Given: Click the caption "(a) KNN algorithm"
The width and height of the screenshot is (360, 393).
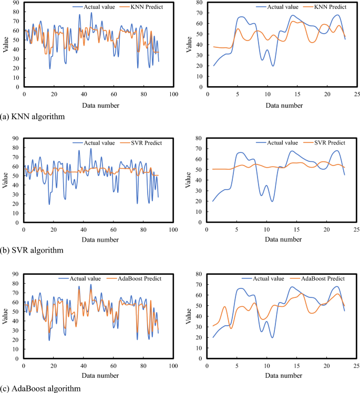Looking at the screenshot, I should (x=33, y=117).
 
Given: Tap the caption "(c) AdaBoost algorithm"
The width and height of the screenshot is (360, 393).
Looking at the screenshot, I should (x=40, y=388).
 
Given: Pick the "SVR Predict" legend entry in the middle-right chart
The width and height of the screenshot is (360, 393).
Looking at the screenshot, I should (x=326, y=142).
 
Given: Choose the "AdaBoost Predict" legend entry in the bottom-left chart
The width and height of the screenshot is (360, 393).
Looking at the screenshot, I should (x=132, y=278).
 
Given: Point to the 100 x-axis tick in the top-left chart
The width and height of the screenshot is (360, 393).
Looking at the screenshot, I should (x=173, y=94).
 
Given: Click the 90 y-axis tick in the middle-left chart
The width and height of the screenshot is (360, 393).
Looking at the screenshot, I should (x=14, y=138).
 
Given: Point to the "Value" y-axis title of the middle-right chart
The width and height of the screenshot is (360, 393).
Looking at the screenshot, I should (x=188, y=180).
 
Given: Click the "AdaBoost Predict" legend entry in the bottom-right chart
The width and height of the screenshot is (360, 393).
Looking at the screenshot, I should (x=320, y=278).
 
